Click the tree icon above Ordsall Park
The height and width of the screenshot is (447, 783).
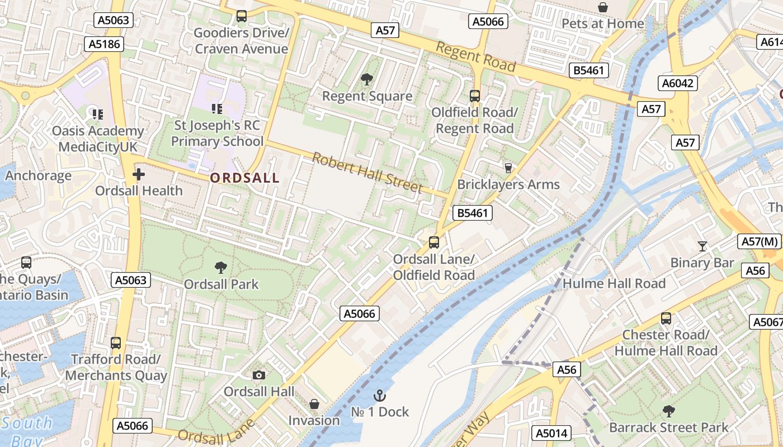tap(221, 268)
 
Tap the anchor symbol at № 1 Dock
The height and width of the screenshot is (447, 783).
tap(380, 396)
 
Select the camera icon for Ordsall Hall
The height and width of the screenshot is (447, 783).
tap(259, 375)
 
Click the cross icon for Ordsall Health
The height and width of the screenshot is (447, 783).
tap(138, 174)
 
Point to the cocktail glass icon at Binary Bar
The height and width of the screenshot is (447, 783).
tap(702, 246)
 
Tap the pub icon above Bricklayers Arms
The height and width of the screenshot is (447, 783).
tap(508, 168)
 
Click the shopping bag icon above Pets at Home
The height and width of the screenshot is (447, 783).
tap(603, 7)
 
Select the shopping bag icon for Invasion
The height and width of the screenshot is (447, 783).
tap(314, 403)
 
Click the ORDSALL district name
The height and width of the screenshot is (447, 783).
tap(244, 178)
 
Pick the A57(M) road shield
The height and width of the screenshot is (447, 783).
tap(760, 241)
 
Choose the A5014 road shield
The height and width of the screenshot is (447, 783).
tap(551, 433)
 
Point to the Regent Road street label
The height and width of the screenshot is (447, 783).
tap(475, 56)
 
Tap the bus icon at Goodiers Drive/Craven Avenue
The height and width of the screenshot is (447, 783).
tap(242, 16)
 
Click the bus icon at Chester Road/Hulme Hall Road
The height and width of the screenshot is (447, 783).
tap(666, 318)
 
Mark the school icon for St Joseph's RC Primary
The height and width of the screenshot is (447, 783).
tap(217, 108)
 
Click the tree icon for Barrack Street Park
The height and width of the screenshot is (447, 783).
tap(668, 412)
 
